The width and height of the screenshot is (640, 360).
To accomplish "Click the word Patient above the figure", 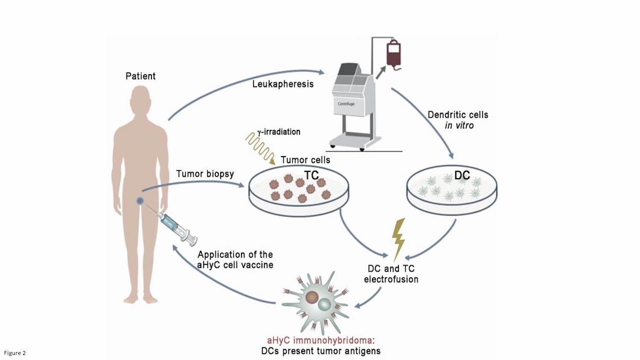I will [140, 76].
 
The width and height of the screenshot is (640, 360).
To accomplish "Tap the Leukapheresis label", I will [283, 84].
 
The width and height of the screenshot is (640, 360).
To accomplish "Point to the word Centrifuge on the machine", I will [346, 104].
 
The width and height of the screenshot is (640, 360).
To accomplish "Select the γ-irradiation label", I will [279, 132].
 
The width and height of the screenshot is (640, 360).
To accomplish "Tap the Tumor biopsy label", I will [205, 174].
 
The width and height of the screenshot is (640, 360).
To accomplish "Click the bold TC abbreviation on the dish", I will [311, 175].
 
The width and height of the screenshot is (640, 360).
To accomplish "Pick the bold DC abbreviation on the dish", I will [462, 175].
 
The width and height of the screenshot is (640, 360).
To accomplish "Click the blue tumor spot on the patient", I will [140, 201].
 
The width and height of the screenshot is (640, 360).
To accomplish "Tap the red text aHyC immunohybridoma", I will [319, 340].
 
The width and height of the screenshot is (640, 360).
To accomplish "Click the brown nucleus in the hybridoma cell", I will [312, 297].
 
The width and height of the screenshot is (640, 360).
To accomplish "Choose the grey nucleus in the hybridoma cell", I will [324, 305].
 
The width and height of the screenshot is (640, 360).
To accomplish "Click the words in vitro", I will [459, 125].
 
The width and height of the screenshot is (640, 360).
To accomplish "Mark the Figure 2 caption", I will [15, 353].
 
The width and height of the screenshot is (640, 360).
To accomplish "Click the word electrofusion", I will [391, 279].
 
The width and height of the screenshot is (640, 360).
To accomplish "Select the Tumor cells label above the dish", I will [305, 160].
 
